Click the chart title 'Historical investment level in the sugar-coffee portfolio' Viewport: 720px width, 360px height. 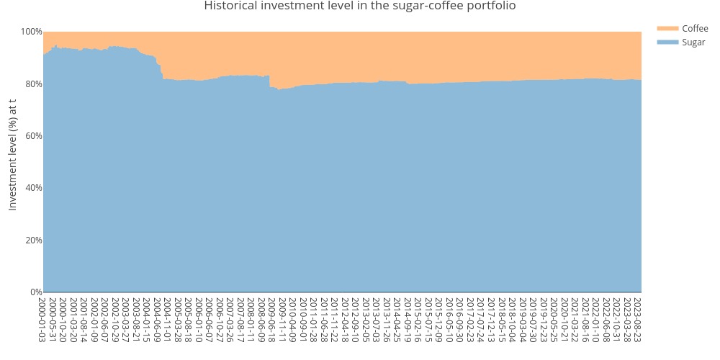tap(359, 6)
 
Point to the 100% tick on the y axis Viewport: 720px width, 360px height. tap(32, 32)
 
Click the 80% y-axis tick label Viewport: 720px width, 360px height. tap(33, 84)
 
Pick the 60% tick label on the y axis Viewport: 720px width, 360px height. tap(33, 135)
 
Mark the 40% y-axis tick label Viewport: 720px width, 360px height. tap(33, 188)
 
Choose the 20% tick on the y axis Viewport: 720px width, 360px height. tap(33, 240)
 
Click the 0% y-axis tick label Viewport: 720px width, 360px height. tap(35, 292)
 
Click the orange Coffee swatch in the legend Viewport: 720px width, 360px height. tap(667, 28)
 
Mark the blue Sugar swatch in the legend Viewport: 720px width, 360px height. tap(667, 42)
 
